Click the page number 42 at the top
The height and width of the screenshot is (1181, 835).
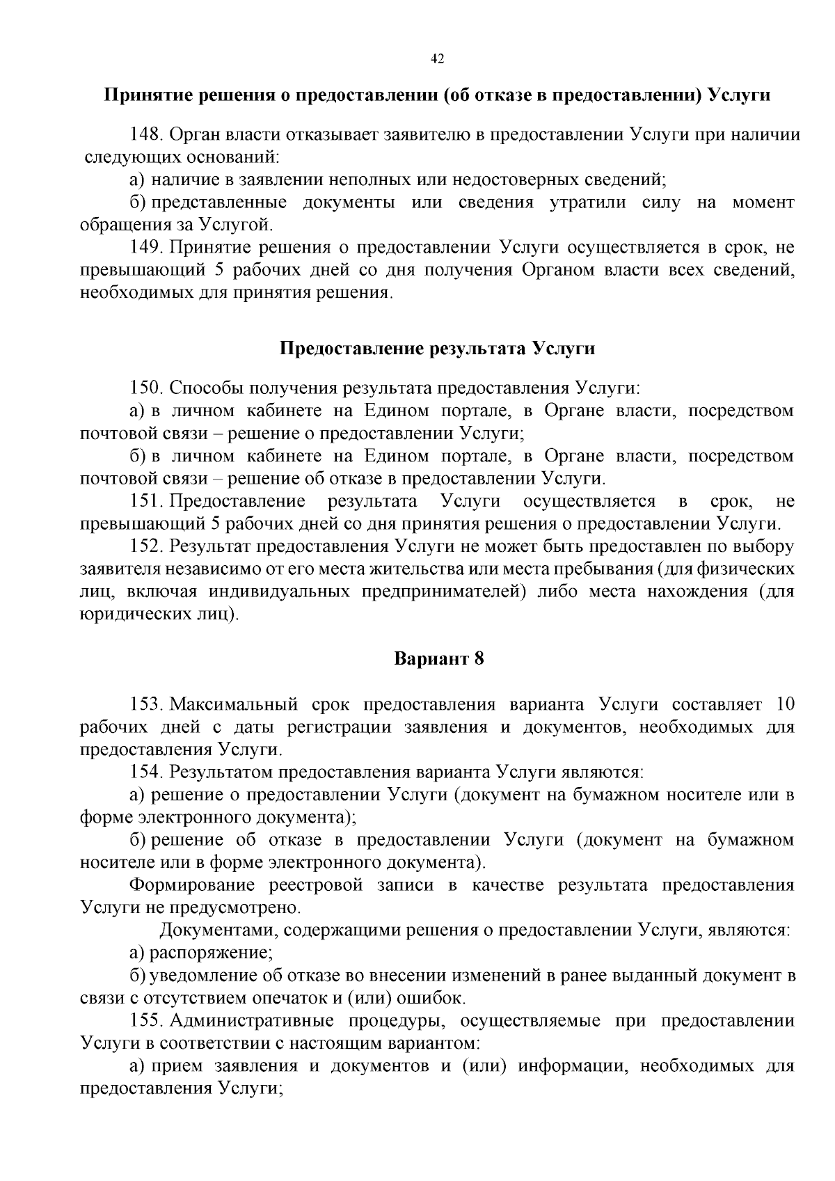tap(437, 58)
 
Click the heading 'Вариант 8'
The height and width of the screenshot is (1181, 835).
tap(438, 658)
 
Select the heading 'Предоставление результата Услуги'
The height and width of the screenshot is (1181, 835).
tap(437, 348)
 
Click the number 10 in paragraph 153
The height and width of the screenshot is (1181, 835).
tap(784, 704)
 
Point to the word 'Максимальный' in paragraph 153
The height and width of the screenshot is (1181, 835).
tap(233, 704)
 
